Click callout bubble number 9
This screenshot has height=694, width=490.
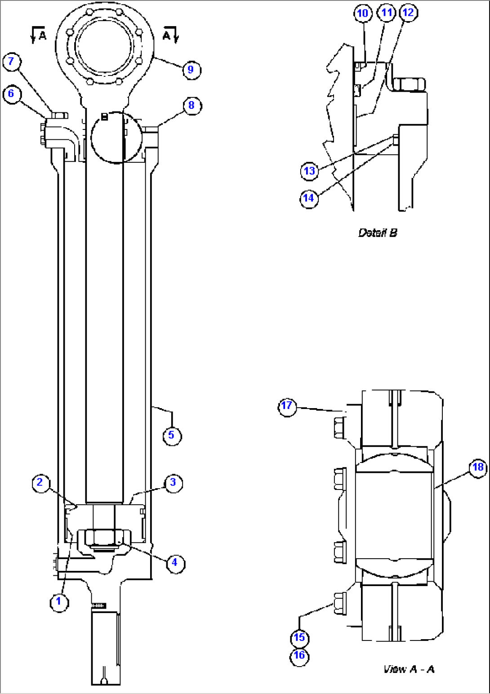click(191, 70)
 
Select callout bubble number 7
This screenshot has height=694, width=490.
click(11, 62)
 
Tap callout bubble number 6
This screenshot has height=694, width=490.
click(11, 94)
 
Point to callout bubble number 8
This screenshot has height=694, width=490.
click(192, 105)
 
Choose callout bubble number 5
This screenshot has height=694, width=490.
click(171, 435)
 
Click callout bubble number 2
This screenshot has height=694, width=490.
click(40, 483)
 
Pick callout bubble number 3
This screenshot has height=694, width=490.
click(173, 483)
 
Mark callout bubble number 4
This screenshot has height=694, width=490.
click(174, 562)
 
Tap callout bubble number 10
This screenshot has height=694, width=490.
click(363, 13)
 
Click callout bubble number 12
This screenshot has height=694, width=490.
click(408, 13)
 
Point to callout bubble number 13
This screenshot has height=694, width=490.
click(309, 171)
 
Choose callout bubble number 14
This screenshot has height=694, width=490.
click(309, 198)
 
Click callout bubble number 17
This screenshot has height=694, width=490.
click(287, 406)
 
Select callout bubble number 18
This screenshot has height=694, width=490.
click(477, 467)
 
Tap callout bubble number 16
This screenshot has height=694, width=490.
click(299, 656)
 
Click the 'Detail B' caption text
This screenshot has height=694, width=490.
click(378, 233)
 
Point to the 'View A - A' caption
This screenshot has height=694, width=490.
click(409, 669)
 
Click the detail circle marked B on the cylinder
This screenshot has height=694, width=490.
click(116, 137)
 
